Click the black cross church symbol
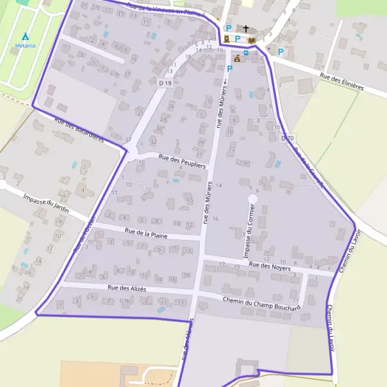(x=246, y=29)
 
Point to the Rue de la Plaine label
(x=146, y=233)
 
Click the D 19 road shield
(x=166, y=83)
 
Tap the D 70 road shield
(x=288, y=138)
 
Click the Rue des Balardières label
(x=79, y=130)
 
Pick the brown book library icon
(x=251, y=40)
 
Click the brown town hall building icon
(x=237, y=59)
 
